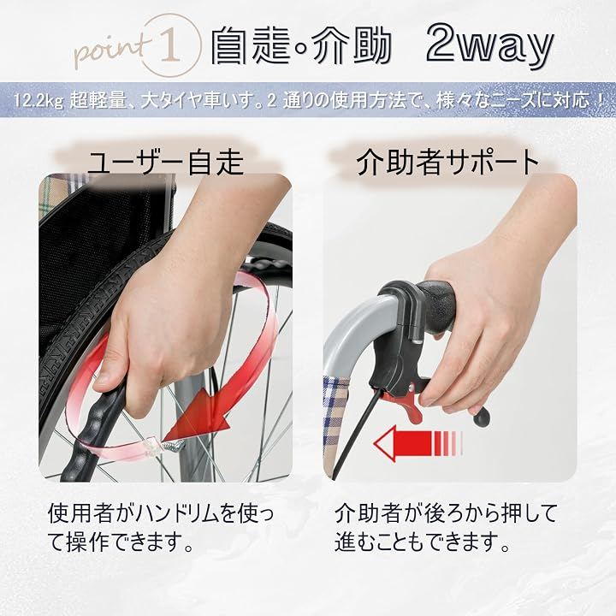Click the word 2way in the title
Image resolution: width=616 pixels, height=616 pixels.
point(489,46)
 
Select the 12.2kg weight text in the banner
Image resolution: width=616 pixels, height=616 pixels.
point(38,101)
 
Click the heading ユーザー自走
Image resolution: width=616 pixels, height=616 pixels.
point(165,162)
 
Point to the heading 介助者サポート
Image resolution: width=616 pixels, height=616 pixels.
point(447,162)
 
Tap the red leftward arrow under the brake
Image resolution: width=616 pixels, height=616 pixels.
point(418,443)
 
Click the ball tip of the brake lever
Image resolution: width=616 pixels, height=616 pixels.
point(482,418)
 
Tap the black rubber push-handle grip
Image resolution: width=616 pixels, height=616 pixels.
point(436,306)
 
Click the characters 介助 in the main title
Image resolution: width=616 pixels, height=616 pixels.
point(351,46)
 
